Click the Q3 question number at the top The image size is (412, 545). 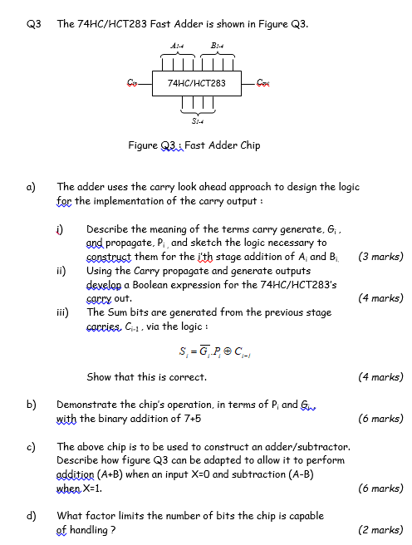point(33,23)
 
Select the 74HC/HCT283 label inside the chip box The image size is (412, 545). point(197,83)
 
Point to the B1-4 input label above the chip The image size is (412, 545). point(218,45)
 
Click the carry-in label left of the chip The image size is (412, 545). point(132,82)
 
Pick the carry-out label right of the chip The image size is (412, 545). point(264,82)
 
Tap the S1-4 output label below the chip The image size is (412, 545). point(197,121)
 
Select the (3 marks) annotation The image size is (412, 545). point(380,257)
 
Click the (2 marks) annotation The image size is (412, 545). point(380,529)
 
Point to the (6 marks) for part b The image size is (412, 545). point(380,419)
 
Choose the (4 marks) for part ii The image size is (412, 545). point(380,297)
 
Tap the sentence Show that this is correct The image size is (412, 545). point(146,377)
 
